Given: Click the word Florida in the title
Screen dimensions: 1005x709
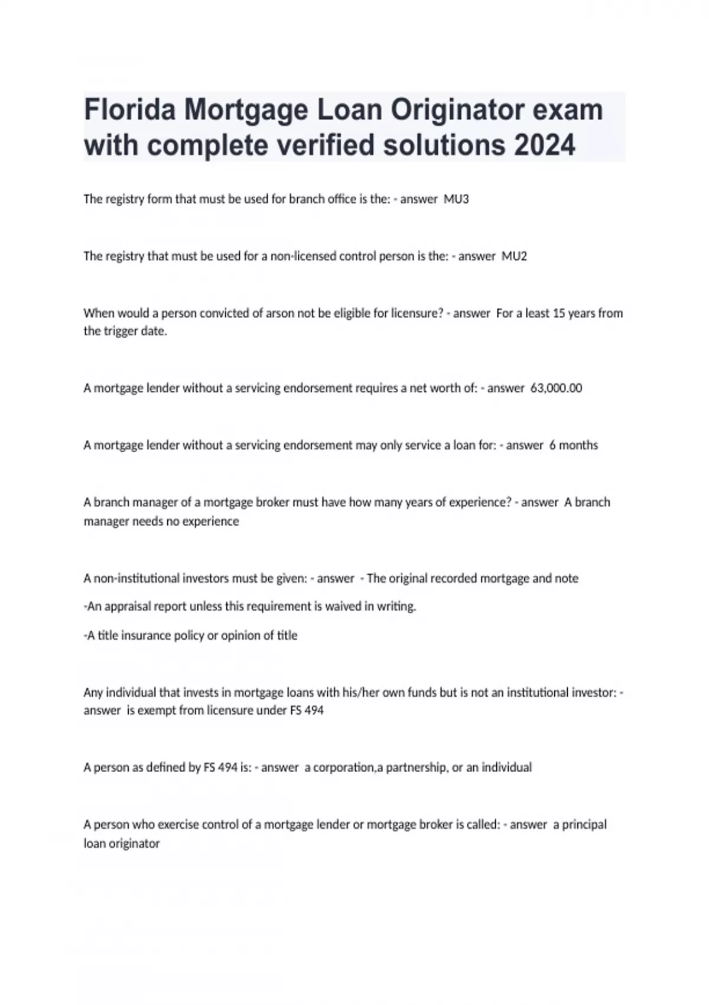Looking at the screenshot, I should coord(130,110).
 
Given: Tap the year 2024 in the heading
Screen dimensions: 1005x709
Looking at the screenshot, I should coord(544,145).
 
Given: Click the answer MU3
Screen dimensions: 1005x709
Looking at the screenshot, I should coord(456,199).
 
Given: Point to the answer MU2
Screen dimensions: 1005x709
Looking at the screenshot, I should coord(514,256).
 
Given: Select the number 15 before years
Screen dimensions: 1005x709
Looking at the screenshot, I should coord(560,313).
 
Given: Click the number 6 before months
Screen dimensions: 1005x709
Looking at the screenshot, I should coord(552,445).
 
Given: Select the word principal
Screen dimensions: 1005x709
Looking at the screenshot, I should coord(584,825).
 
